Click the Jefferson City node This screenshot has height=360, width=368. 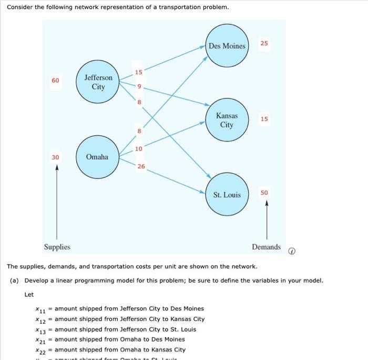pyautogui.click(x=98, y=82)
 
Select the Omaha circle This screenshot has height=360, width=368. pyautogui.click(x=97, y=157)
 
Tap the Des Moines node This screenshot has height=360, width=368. pyautogui.click(x=227, y=46)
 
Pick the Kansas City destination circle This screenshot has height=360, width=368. pyautogui.click(x=227, y=120)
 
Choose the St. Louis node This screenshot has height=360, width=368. pyautogui.click(x=227, y=195)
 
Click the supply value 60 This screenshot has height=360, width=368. pyautogui.click(x=55, y=81)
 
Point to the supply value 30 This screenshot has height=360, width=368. pyautogui.click(x=55, y=157)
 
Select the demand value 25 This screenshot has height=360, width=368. pyautogui.click(x=264, y=43)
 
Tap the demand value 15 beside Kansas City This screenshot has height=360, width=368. pyautogui.click(x=264, y=119)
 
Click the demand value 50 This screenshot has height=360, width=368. pyautogui.click(x=264, y=193)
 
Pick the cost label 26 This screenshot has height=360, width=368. pyautogui.click(x=141, y=167)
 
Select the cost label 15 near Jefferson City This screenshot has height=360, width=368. pyautogui.click(x=138, y=72)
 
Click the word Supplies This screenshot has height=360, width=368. pyautogui.click(x=57, y=247)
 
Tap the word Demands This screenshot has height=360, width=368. pyautogui.click(x=266, y=247)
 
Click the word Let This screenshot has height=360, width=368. pyautogui.click(x=29, y=295)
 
